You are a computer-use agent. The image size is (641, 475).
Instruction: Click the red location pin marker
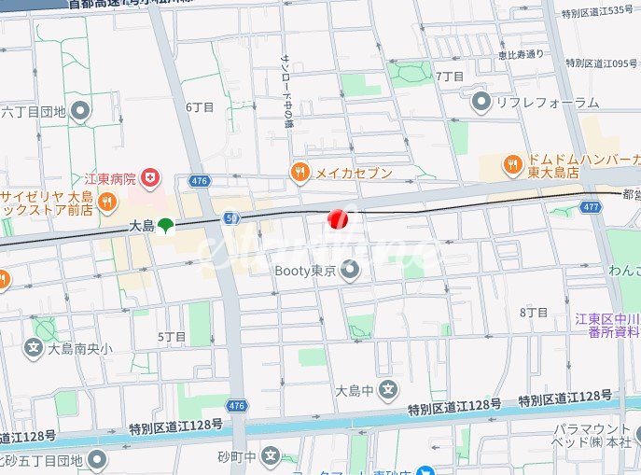[x=338, y=219]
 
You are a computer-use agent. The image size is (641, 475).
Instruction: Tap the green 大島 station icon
[x=165, y=225]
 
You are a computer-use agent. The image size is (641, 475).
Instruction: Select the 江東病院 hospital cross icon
[x=150, y=176]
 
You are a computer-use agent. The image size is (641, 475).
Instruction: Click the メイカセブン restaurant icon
[x=300, y=171]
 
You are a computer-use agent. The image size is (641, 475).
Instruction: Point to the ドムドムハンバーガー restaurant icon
[x=512, y=165]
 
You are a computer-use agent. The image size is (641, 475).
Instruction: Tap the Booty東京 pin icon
[x=350, y=272]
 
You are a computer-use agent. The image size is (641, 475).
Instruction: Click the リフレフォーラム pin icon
[x=481, y=102]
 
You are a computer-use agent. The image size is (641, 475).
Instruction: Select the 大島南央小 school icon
[x=33, y=348]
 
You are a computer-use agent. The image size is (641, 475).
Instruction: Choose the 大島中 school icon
[x=388, y=390]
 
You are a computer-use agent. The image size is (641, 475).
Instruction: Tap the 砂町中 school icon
[x=271, y=456]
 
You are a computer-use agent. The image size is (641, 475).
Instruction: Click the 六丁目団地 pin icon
[x=80, y=112]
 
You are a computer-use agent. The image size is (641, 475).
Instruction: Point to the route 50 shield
[x=231, y=217]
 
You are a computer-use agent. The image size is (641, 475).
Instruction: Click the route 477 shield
[x=590, y=207]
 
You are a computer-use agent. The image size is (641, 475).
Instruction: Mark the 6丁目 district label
[x=200, y=107]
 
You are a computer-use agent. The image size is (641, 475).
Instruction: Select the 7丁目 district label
[x=450, y=75]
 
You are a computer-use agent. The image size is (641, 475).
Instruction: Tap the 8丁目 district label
[x=533, y=312]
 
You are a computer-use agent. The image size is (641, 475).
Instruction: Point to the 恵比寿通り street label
[x=522, y=53]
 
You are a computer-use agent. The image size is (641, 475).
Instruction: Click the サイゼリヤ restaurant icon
[x=107, y=201]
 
